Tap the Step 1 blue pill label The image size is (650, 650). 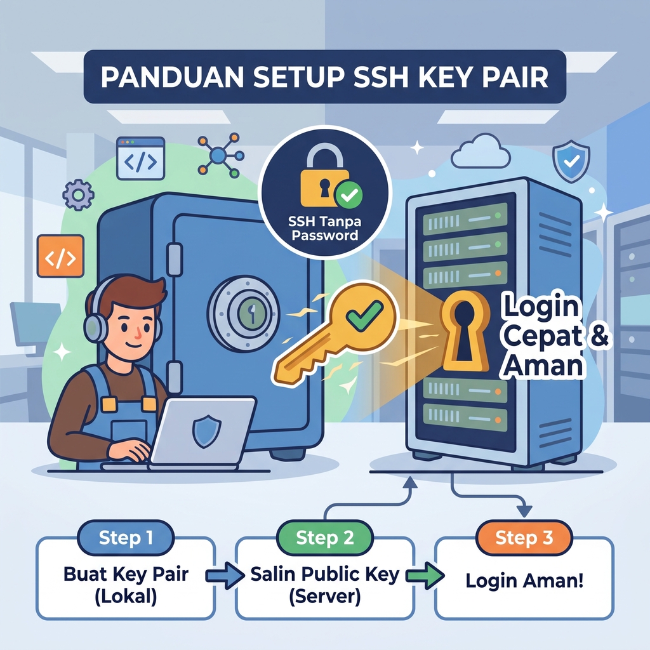(x=126, y=538)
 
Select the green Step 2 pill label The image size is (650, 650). (x=324, y=538)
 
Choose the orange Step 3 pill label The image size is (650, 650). (x=524, y=538)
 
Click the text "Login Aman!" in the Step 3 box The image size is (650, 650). (x=524, y=580)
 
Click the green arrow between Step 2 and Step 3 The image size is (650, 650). (x=425, y=575)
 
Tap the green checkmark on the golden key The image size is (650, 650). (x=364, y=316)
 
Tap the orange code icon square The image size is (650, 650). (x=60, y=256)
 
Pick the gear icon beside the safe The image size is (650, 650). (x=78, y=194)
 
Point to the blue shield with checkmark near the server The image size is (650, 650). (x=571, y=161)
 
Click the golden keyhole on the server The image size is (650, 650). (x=465, y=331)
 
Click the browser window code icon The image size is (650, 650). (x=140, y=159)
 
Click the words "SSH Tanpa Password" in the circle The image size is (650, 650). (x=324, y=229)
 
